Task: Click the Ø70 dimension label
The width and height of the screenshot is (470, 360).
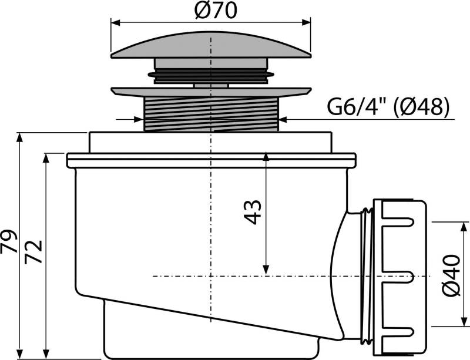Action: [211, 11]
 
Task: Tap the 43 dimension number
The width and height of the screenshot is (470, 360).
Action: [252, 212]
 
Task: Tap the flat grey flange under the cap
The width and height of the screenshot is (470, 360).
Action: [211, 92]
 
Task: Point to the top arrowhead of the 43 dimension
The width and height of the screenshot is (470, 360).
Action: [266, 157]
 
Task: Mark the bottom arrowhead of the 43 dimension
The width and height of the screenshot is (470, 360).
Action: [266, 271]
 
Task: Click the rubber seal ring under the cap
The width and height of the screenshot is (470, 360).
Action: [211, 74]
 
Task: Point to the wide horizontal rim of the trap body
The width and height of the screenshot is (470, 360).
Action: [211, 160]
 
